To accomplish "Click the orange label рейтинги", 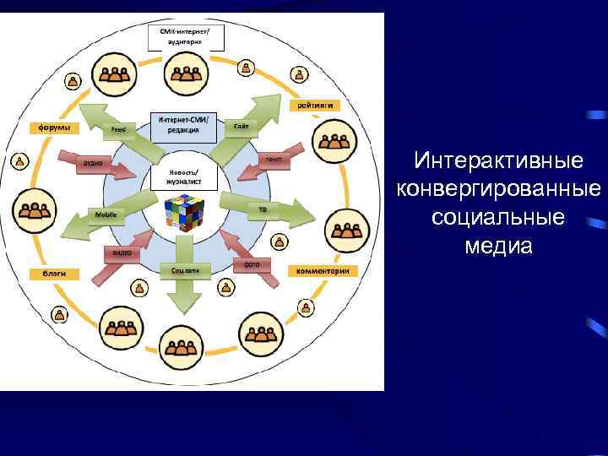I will pyautogui.click(x=317, y=106).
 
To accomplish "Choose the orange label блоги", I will pyautogui.click(x=55, y=273).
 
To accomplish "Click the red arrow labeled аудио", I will pyautogui.click(x=100, y=162).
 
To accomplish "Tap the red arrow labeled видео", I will pyautogui.click(x=121, y=252).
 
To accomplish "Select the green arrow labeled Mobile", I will pyautogui.click(x=101, y=216).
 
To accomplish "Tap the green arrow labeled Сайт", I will pyautogui.click(x=245, y=125).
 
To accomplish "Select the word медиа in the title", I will pyautogui.click(x=498, y=246).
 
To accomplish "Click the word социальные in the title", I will pyautogui.click(x=498, y=217).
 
